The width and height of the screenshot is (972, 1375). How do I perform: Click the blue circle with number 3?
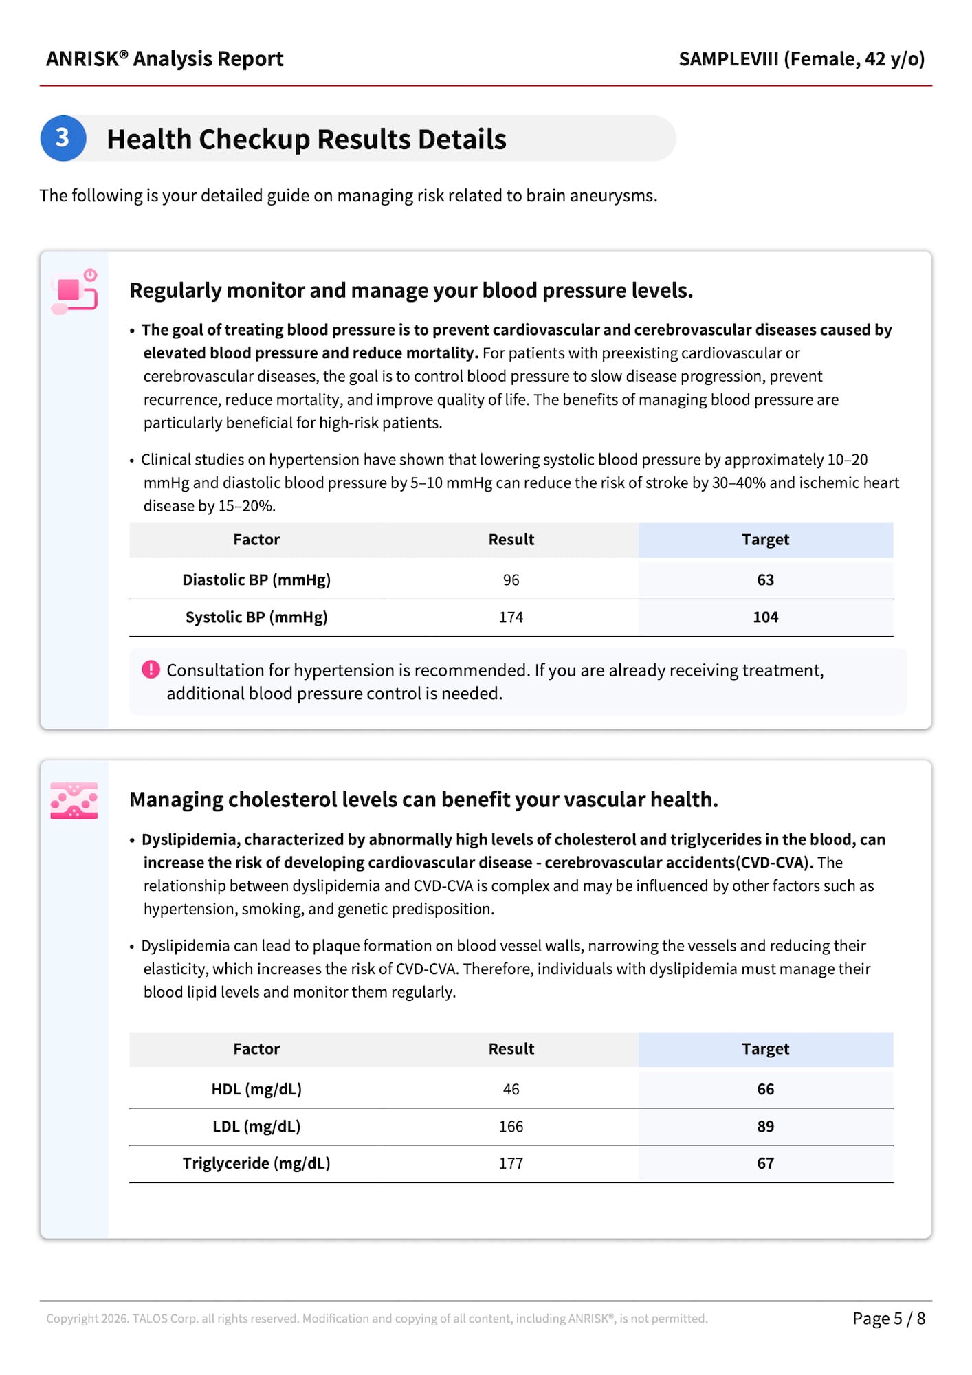pyautogui.click(x=63, y=138)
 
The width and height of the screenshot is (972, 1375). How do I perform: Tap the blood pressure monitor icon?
pyautogui.click(x=74, y=291)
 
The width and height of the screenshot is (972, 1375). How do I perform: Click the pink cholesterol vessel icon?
pyautogui.click(x=74, y=800)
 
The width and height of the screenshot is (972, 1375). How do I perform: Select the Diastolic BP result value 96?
pyautogui.click(x=511, y=580)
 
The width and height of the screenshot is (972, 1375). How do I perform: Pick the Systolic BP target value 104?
pyautogui.click(x=765, y=617)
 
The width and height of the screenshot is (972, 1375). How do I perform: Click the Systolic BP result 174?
pyautogui.click(x=511, y=617)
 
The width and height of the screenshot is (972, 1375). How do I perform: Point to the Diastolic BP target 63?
pyautogui.click(x=765, y=580)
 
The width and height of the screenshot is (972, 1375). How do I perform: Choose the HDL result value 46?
pyautogui.click(x=511, y=1090)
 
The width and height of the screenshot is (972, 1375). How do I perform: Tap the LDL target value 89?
pyautogui.click(x=765, y=1127)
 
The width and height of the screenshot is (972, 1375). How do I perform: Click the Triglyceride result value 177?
pyautogui.click(x=511, y=1164)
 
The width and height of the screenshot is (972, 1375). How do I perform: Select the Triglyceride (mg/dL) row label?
pyautogui.click(x=256, y=1164)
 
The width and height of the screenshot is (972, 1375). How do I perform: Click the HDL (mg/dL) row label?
pyautogui.click(x=256, y=1090)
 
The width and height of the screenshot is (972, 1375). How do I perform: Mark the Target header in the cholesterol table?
pyautogui.click(x=765, y=1049)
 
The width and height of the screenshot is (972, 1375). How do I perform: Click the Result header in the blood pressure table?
pyautogui.click(x=511, y=540)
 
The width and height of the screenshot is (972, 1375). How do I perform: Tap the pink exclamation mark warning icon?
pyautogui.click(x=151, y=670)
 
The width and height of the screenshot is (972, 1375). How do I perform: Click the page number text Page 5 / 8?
pyautogui.click(x=888, y=1319)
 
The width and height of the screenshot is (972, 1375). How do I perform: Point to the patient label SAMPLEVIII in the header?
pyautogui.click(x=729, y=59)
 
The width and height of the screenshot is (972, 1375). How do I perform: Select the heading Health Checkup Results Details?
pyautogui.click(x=307, y=140)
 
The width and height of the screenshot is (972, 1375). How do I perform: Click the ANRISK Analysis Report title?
pyautogui.click(x=165, y=59)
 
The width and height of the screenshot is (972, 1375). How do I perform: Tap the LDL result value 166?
pyautogui.click(x=511, y=1127)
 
